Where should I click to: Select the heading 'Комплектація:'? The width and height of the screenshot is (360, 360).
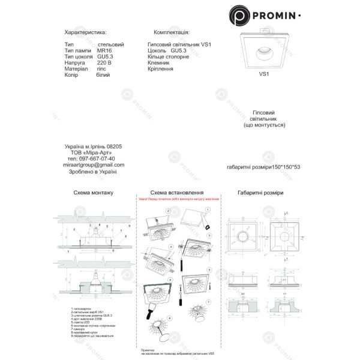172,31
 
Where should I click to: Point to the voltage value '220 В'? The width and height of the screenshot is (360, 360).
104,62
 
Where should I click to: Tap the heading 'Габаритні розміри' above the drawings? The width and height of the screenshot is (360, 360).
260,193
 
